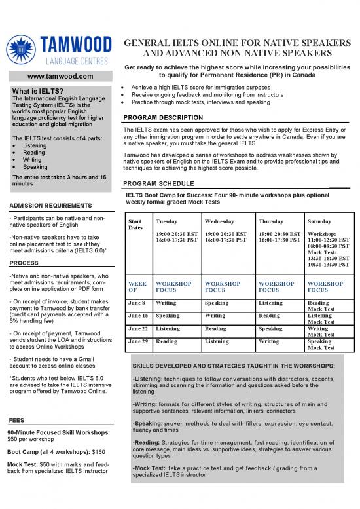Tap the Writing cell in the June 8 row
coord(166,303)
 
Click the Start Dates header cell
coord(136,225)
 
